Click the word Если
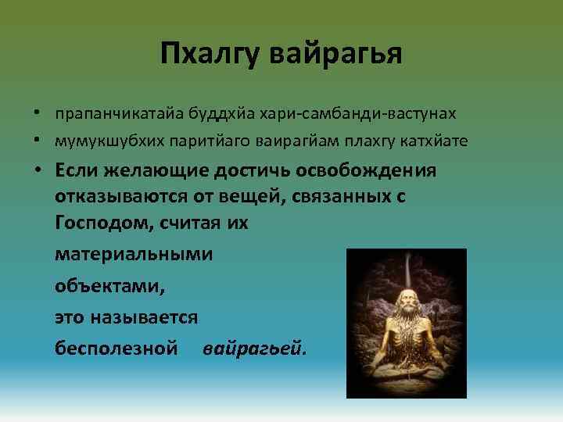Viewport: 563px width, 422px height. [x=80, y=170]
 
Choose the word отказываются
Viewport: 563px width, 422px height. [x=123, y=196]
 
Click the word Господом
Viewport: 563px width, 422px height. [x=106, y=222]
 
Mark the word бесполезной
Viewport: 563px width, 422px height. [x=117, y=348]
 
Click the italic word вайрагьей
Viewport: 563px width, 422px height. [x=255, y=348]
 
